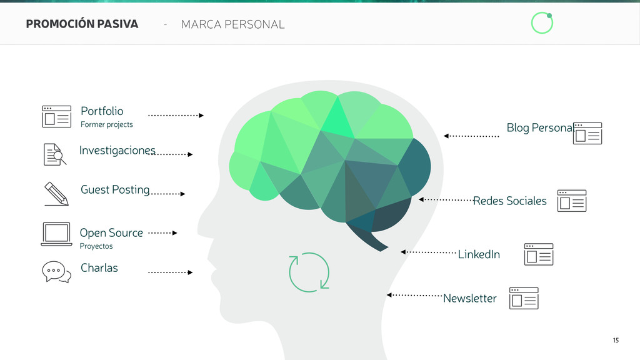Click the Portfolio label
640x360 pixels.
tap(102, 111)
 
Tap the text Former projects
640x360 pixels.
tap(106, 124)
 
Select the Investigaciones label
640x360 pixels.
tap(117, 151)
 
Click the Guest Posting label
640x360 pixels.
tap(115, 189)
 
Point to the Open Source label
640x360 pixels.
tap(111, 232)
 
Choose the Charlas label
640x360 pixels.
tap(99, 267)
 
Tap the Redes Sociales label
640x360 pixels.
tap(510, 201)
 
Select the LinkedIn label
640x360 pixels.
tap(479, 254)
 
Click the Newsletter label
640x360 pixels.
tap(469, 298)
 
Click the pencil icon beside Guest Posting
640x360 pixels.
tap(56, 194)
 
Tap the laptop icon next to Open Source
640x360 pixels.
tap(56, 234)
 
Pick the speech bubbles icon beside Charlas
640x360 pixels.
tap(56, 272)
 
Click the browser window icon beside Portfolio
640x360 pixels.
tap(56, 116)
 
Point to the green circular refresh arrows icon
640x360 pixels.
tap(309, 272)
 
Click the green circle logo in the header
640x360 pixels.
tap(542, 23)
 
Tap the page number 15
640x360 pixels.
tap(616, 340)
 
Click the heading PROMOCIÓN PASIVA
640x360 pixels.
tap(82, 24)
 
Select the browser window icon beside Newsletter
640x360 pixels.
tap(524, 299)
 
